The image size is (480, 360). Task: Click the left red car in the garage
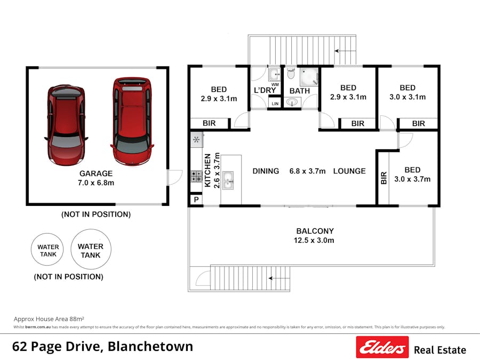click(65, 125)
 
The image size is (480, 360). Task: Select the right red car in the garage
click(132, 122)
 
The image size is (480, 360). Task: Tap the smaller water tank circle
click(48, 251)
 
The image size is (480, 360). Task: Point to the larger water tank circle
click(91, 250)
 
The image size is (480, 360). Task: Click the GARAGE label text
click(96, 173)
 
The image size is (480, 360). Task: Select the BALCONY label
click(315, 231)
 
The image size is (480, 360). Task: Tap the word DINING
click(266, 171)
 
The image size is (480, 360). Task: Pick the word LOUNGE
click(349, 171)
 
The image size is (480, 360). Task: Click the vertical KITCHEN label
click(208, 170)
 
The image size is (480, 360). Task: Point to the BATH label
click(300, 91)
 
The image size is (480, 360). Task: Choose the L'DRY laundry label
click(265, 91)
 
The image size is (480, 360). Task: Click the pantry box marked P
click(195, 200)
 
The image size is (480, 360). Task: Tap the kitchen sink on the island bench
click(228, 180)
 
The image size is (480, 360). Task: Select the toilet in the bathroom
click(291, 74)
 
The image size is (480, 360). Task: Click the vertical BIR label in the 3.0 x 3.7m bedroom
click(383, 178)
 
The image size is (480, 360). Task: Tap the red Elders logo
click(382, 347)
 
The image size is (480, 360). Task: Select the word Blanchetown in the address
click(150, 347)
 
